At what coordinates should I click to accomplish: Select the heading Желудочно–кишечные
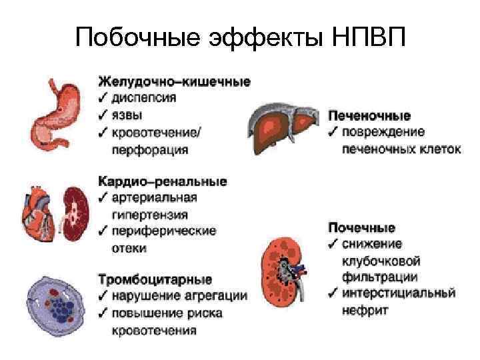pos(175,82)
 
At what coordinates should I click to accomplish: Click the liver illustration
pos(285,127)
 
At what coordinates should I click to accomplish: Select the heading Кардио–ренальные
pos(163,181)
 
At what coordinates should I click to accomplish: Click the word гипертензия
pos(149,215)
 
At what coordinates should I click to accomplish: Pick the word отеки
pos(129,248)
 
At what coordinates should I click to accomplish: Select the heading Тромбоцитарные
pos(155,279)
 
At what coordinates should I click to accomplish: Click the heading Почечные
pos(362,227)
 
